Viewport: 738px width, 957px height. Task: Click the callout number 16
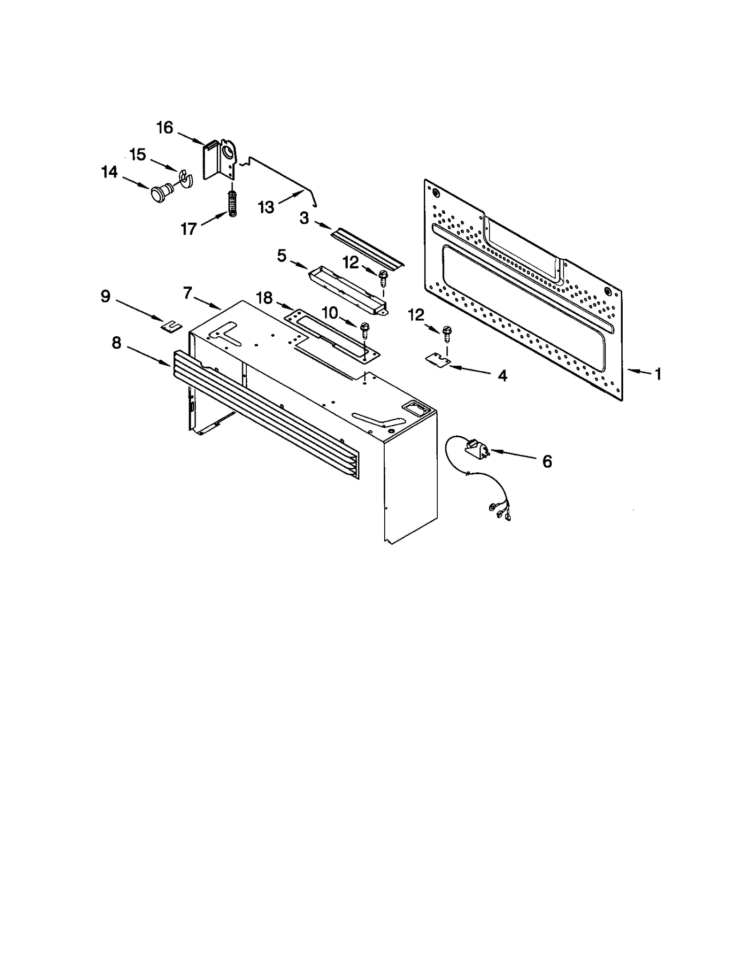pyautogui.click(x=165, y=127)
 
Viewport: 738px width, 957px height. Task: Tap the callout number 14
pyautogui.click(x=109, y=172)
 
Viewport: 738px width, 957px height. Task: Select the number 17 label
pyautogui.click(x=189, y=229)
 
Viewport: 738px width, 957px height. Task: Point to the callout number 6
pyautogui.click(x=547, y=461)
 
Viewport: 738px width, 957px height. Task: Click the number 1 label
pyautogui.click(x=658, y=374)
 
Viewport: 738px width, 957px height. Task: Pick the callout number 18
pyautogui.click(x=264, y=298)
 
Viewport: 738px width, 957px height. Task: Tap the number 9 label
pyautogui.click(x=106, y=296)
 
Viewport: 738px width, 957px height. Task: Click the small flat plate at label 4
pyautogui.click(x=437, y=359)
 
